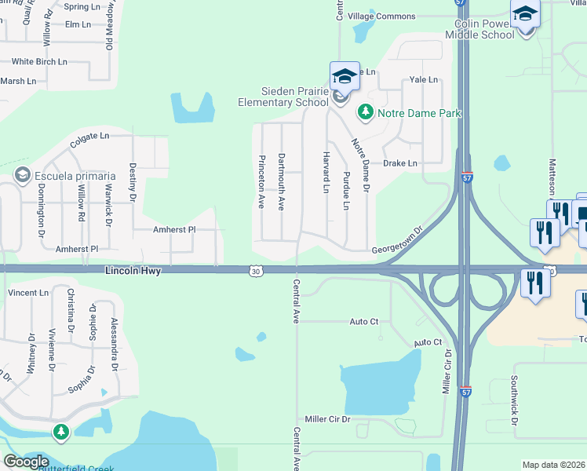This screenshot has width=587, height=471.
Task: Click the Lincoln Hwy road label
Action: pos(133,271)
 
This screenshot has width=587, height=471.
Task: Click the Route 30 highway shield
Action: pos(257,271)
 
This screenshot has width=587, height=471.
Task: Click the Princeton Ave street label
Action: pos(261,181)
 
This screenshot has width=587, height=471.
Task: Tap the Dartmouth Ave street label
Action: pos(281,181)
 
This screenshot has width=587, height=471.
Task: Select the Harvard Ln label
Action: pos(325,173)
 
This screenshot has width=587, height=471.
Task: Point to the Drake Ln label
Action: pos(400,163)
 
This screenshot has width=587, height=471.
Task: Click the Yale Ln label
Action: pos(423,80)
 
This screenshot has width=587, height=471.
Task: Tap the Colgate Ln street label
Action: pos(89,137)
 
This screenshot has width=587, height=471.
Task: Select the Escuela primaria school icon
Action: pos(22,174)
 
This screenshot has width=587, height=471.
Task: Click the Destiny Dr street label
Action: pos(133,180)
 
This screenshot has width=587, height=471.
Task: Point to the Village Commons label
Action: pos(381,16)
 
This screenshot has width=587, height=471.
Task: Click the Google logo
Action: pos(26,461)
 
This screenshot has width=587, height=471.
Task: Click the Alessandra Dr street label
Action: pos(114,345)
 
